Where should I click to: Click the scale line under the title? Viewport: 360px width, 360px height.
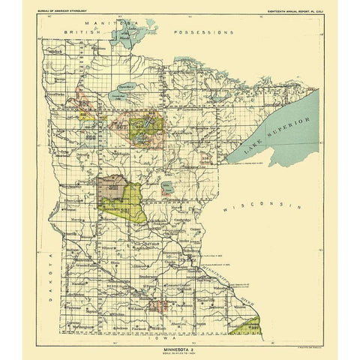180,352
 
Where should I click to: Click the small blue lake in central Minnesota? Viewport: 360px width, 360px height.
167,187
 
